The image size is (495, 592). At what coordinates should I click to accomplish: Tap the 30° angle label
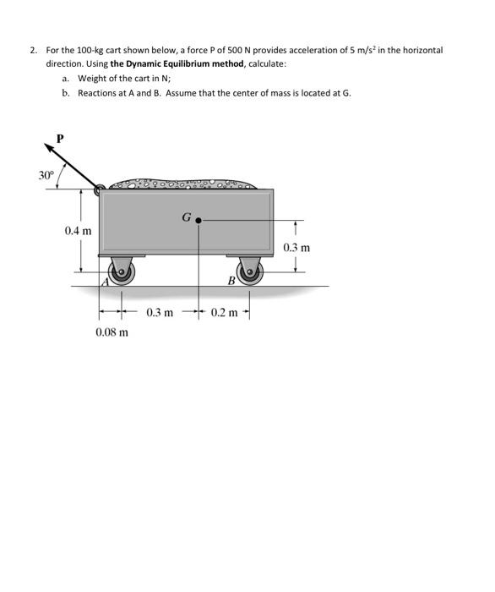pyautogui.click(x=46, y=175)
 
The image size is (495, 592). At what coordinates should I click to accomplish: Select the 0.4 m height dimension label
pyautogui.click(x=79, y=230)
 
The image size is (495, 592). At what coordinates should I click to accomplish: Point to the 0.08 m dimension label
pyautogui.click(x=112, y=332)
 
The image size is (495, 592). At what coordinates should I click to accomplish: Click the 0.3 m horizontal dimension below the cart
pyautogui.click(x=160, y=312)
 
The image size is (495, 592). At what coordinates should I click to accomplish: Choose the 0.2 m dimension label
pyautogui.click(x=225, y=312)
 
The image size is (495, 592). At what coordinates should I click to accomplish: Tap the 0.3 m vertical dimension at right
pyautogui.click(x=296, y=248)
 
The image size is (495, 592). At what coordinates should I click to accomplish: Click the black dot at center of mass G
pyautogui.click(x=199, y=219)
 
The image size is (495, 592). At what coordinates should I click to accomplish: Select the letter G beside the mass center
pyautogui.click(x=186, y=217)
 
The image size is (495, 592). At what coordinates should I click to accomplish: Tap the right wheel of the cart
pyautogui.click(x=251, y=271)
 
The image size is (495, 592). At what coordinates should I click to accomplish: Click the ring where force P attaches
pyautogui.click(x=101, y=190)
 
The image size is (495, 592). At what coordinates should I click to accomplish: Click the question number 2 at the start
pyautogui.click(x=32, y=50)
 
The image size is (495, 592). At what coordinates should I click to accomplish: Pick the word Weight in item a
pyautogui.click(x=92, y=78)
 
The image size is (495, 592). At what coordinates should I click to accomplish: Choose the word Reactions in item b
pyautogui.click(x=100, y=92)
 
